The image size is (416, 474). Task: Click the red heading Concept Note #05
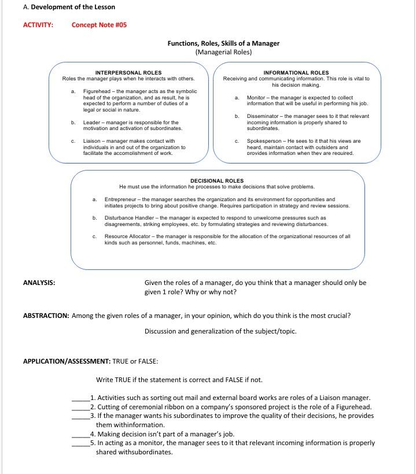tap(99, 25)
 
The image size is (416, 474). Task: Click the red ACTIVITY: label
tap(38, 25)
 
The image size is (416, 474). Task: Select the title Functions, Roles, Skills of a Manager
tap(223, 43)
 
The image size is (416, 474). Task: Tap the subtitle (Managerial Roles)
tap(223, 52)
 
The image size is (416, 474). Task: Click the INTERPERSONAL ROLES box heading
tap(128, 73)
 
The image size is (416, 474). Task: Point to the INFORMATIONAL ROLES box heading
tap(296, 73)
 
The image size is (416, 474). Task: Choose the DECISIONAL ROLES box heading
tap(217, 181)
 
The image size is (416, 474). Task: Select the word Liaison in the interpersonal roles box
tap(93, 141)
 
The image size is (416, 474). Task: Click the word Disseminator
tap(263, 116)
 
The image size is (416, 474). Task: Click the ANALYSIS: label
tap(39, 283)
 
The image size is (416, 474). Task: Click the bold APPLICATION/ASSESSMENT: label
tap(67, 361)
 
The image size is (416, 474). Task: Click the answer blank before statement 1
tap(80, 398)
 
